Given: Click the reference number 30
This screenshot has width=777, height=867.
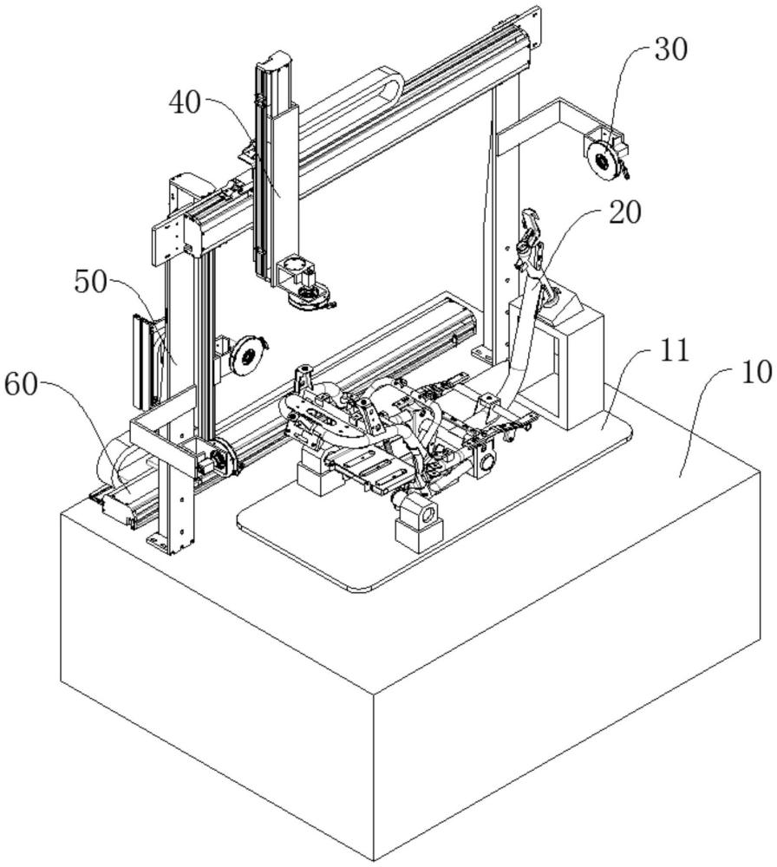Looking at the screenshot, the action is (671, 49).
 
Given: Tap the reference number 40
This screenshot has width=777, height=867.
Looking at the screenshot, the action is (186, 103).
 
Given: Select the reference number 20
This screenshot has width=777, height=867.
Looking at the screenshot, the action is (624, 212).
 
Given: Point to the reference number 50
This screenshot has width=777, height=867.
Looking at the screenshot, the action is (91, 283).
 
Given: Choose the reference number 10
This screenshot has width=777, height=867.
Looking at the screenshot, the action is (754, 373).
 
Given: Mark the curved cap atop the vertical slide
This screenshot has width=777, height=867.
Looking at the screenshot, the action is (276, 60).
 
